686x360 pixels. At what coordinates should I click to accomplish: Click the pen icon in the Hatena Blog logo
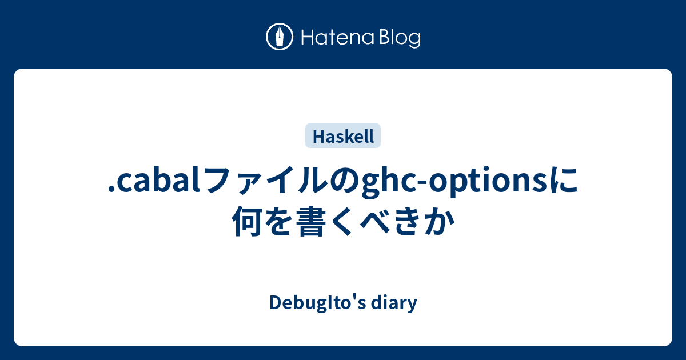(280, 38)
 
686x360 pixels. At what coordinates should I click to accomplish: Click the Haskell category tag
(343, 136)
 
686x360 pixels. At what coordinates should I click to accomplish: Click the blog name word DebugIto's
(317, 303)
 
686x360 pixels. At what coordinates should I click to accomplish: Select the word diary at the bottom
(394, 303)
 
